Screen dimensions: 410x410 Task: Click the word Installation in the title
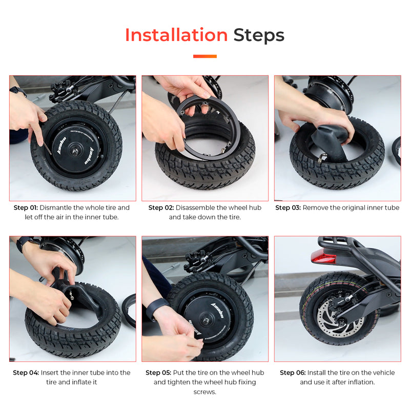click(x=176, y=35)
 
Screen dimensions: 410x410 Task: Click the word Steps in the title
click(x=259, y=35)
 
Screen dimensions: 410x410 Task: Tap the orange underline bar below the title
click(x=204, y=56)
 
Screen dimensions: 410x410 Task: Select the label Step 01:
click(x=26, y=208)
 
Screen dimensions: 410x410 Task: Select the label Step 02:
click(x=161, y=208)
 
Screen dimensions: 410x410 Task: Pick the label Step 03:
click(x=288, y=208)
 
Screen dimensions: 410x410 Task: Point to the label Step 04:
click(x=26, y=373)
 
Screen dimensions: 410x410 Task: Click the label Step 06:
click(x=293, y=373)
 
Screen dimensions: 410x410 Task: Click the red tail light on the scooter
click(x=323, y=257)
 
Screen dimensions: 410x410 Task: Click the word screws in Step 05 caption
click(x=204, y=392)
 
